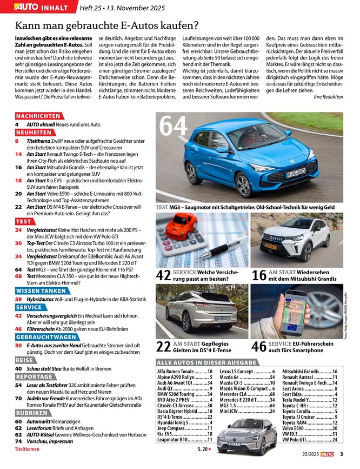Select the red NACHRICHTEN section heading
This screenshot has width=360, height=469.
point(38,116)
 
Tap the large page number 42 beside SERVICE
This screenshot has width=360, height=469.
point(164,274)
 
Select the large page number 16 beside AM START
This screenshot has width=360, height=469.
point(259,274)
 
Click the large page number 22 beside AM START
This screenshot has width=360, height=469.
point(164,347)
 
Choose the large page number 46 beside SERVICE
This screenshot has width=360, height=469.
point(259,347)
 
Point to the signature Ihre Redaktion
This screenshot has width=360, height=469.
point(328,96)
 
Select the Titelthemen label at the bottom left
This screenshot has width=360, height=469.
point(27,450)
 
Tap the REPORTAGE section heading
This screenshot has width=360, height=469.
point(35,376)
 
